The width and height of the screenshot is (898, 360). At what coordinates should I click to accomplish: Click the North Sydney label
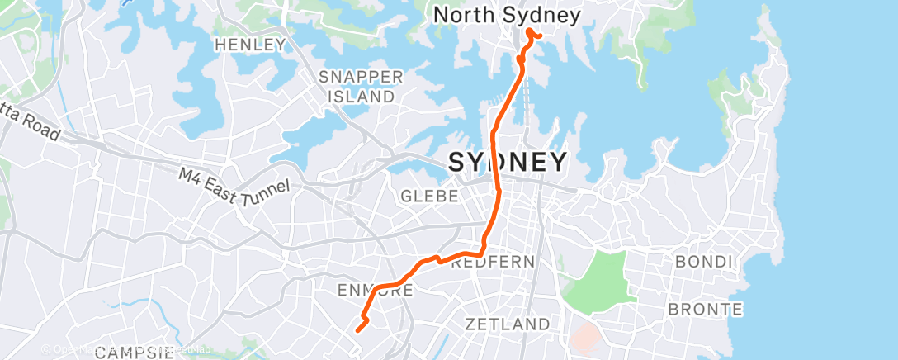tap(508, 15)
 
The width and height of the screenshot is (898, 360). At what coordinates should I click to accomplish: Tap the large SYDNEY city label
tap(508, 162)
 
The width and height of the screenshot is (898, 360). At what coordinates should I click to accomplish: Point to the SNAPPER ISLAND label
tap(362, 87)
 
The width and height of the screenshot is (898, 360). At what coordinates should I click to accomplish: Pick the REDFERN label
tap(494, 262)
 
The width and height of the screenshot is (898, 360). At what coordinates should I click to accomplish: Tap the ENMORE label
tap(376, 291)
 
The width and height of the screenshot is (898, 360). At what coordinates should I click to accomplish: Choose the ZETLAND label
tap(508, 323)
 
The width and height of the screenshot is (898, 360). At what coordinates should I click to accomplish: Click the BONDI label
tap(704, 262)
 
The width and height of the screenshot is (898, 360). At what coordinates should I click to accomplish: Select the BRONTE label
tap(706, 310)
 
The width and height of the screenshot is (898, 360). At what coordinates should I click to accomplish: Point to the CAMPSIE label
tap(135, 353)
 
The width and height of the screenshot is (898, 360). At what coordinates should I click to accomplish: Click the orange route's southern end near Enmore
tap(357, 330)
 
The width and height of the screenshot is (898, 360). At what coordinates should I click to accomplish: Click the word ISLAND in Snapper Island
tap(362, 97)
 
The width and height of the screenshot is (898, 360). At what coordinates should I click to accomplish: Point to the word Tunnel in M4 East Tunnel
tap(266, 190)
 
